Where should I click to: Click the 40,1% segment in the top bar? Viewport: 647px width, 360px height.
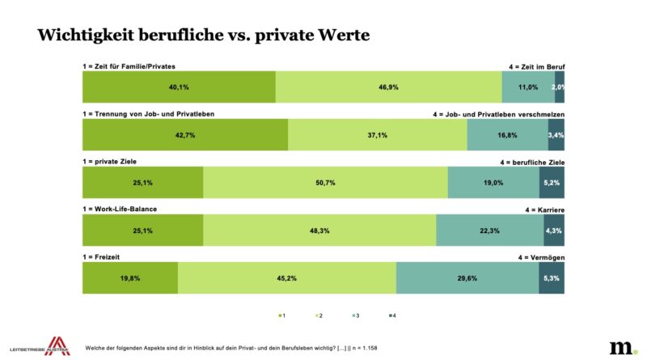click(x=179, y=87)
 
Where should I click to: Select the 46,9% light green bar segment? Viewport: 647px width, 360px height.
click(x=388, y=87)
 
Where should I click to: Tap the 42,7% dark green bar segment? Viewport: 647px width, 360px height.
click(x=185, y=135)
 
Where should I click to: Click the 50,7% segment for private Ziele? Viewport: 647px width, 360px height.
click(x=325, y=183)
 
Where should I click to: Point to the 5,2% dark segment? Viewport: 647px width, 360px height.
click(x=552, y=183)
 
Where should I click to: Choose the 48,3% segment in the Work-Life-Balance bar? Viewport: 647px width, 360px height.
click(x=319, y=231)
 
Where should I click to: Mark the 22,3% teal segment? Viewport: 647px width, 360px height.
click(x=489, y=231)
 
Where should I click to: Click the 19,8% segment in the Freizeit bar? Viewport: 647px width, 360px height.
click(x=130, y=278)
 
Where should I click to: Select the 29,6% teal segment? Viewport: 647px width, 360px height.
click(x=467, y=278)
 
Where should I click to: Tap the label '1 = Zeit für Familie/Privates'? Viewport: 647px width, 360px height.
click(x=129, y=66)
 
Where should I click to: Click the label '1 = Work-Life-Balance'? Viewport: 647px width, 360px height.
click(x=120, y=209)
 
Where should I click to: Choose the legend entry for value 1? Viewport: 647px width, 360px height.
click(x=281, y=315)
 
